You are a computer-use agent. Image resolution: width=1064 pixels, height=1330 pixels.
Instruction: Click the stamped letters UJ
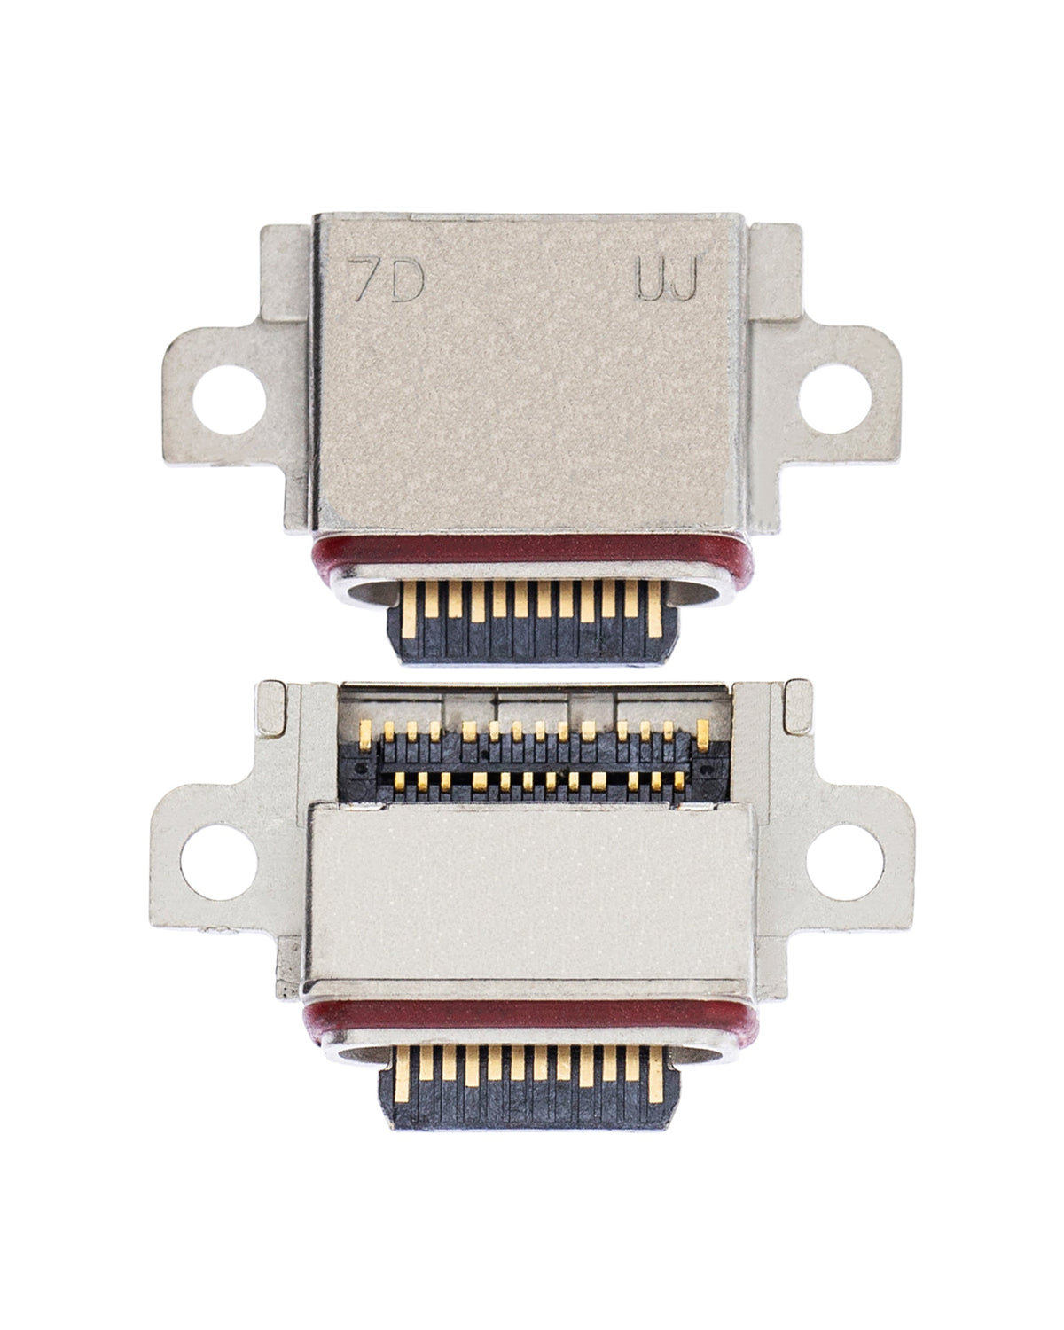click(667, 283)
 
